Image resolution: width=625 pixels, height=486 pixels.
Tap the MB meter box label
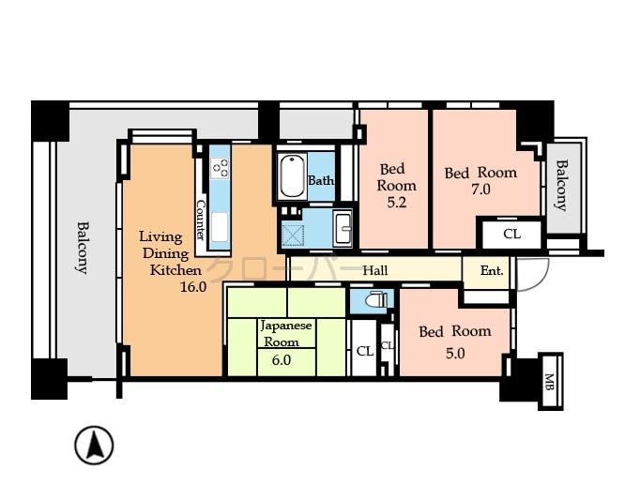coord(551,381)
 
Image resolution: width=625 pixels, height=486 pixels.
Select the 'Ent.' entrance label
coord(492,271)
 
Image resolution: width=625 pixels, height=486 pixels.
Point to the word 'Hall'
coord(375,271)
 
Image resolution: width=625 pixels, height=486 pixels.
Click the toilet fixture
coord(373,301)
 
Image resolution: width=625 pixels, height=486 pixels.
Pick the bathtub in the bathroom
coord(292,175)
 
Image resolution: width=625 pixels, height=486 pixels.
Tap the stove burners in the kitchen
coord(221,167)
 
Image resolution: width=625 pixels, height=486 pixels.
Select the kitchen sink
coord(221,228)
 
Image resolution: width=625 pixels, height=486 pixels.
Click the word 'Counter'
coord(201,220)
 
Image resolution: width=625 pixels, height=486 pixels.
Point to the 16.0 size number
coord(192,287)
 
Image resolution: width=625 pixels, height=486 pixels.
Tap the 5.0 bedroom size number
coord(455,353)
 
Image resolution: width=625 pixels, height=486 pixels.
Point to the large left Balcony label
coord(83,247)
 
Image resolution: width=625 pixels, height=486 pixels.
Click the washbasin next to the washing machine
coord(342,228)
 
